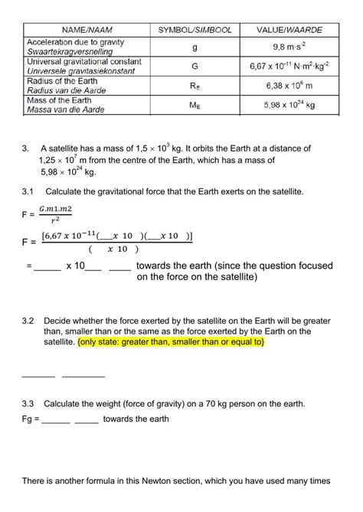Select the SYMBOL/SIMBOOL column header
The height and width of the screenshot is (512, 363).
click(x=195, y=29)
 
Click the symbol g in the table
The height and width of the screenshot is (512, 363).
click(x=195, y=47)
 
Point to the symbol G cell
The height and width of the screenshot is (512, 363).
click(x=195, y=67)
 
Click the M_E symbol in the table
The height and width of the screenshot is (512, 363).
click(x=195, y=106)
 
